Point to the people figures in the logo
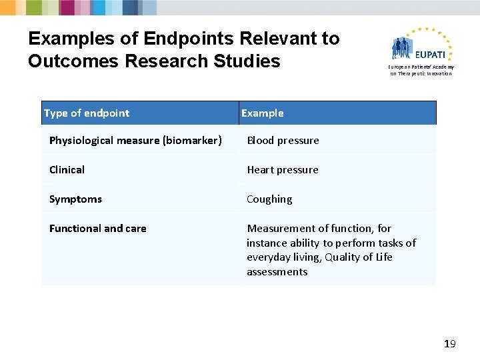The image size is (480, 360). click(x=403, y=48)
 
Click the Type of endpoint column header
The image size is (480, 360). click(x=87, y=113)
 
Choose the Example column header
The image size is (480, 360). click(x=262, y=113)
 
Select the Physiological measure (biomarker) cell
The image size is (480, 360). click(x=135, y=140)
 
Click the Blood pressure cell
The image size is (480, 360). click(x=283, y=140)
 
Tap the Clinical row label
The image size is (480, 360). click(x=67, y=169)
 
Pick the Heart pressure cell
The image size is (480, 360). click(x=283, y=169)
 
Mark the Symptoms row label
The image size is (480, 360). click(x=75, y=199)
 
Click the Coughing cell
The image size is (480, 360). click(x=269, y=199)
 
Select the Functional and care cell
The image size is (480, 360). click(x=97, y=228)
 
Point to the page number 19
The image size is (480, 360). click(x=449, y=344)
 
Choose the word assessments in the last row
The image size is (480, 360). click(x=277, y=272)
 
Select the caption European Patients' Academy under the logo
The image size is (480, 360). click(x=422, y=67)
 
